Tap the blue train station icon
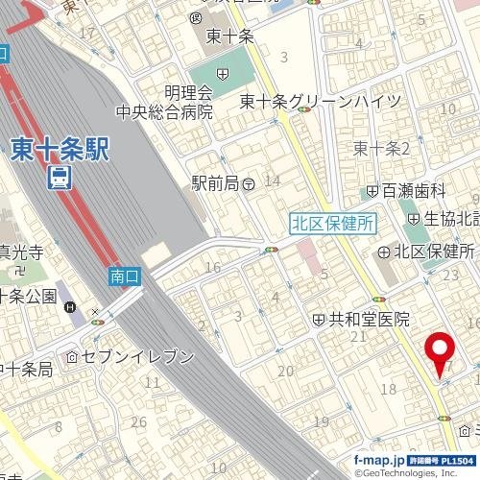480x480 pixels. click(60, 178)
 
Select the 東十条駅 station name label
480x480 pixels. click(60, 149)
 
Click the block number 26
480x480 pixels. click(139, 420)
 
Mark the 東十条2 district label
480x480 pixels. click(381, 148)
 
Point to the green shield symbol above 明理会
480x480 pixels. click(223, 74)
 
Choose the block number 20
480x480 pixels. click(285, 371)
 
